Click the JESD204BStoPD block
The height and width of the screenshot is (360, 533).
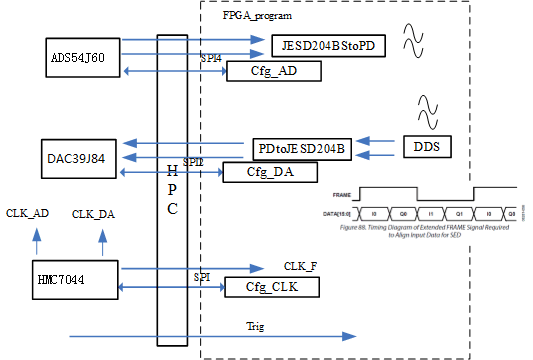pyautogui.click(x=327, y=45)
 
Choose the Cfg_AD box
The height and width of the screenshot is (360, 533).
pyautogui.click(x=274, y=72)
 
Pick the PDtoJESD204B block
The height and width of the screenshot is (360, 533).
pyautogui.click(x=299, y=148)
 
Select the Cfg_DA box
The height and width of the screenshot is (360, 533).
pyautogui.click(x=269, y=172)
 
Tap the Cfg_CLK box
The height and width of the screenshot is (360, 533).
pyautogui.click(x=272, y=288)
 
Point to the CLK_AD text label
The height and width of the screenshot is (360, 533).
pyautogui.click(x=27, y=213)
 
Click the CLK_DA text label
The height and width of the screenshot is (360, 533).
pyautogui.click(x=94, y=214)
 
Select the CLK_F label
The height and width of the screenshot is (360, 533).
pyautogui.click(x=301, y=266)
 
